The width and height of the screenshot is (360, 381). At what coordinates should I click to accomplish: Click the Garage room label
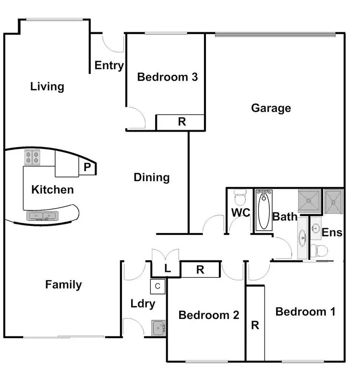pyautogui.click(x=271, y=108)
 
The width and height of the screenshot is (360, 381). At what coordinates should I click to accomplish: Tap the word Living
pyautogui.click(x=47, y=87)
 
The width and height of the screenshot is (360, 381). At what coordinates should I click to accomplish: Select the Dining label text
pyautogui.click(x=152, y=177)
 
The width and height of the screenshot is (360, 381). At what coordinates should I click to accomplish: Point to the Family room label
pyautogui.click(x=63, y=284)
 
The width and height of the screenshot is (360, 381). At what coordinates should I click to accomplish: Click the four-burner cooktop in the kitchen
pyautogui.click(x=33, y=158)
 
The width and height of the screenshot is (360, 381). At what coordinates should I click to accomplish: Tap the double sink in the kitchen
pyautogui.click(x=43, y=216)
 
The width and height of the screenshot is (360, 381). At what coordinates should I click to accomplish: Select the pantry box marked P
pyautogui.click(x=87, y=167)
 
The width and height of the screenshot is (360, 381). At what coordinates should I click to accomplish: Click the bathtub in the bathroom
pyautogui.click(x=264, y=210)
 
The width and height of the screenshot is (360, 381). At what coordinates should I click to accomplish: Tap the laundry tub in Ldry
pyautogui.click(x=159, y=328)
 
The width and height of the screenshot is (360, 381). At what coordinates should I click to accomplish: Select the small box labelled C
pyautogui.click(x=157, y=286)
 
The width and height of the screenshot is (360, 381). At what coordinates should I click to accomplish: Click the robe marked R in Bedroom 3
pyautogui.click(x=181, y=122)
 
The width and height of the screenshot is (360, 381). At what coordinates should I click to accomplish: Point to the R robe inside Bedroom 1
pyautogui.click(x=255, y=324)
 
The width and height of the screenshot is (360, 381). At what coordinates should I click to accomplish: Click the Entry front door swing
pyautogui.click(x=115, y=43)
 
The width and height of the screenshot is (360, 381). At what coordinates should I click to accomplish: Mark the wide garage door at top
pyautogui.click(x=275, y=34)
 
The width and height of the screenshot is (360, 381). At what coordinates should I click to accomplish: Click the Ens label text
pyautogui.click(x=332, y=233)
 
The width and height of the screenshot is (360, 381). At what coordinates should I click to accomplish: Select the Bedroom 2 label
pyautogui.click(x=209, y=315)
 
